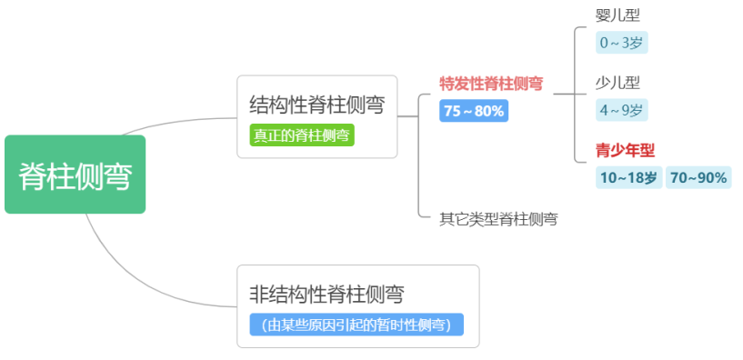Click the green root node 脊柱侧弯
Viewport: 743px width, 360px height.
pos(75,175)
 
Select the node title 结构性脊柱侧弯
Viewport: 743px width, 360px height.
pos(316,105)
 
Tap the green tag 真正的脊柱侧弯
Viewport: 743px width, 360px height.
pos(302,135)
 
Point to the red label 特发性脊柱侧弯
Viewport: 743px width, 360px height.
pos(491,84)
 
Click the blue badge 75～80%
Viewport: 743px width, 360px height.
pos(474,111)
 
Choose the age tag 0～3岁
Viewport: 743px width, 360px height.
pos(622,42)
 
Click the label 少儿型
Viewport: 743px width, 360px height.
pos(618,83)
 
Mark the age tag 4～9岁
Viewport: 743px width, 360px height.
pos(621,110)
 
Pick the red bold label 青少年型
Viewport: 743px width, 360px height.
pos(626,150)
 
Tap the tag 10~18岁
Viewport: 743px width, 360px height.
pos(628,177)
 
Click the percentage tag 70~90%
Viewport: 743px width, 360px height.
pos(699,177)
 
